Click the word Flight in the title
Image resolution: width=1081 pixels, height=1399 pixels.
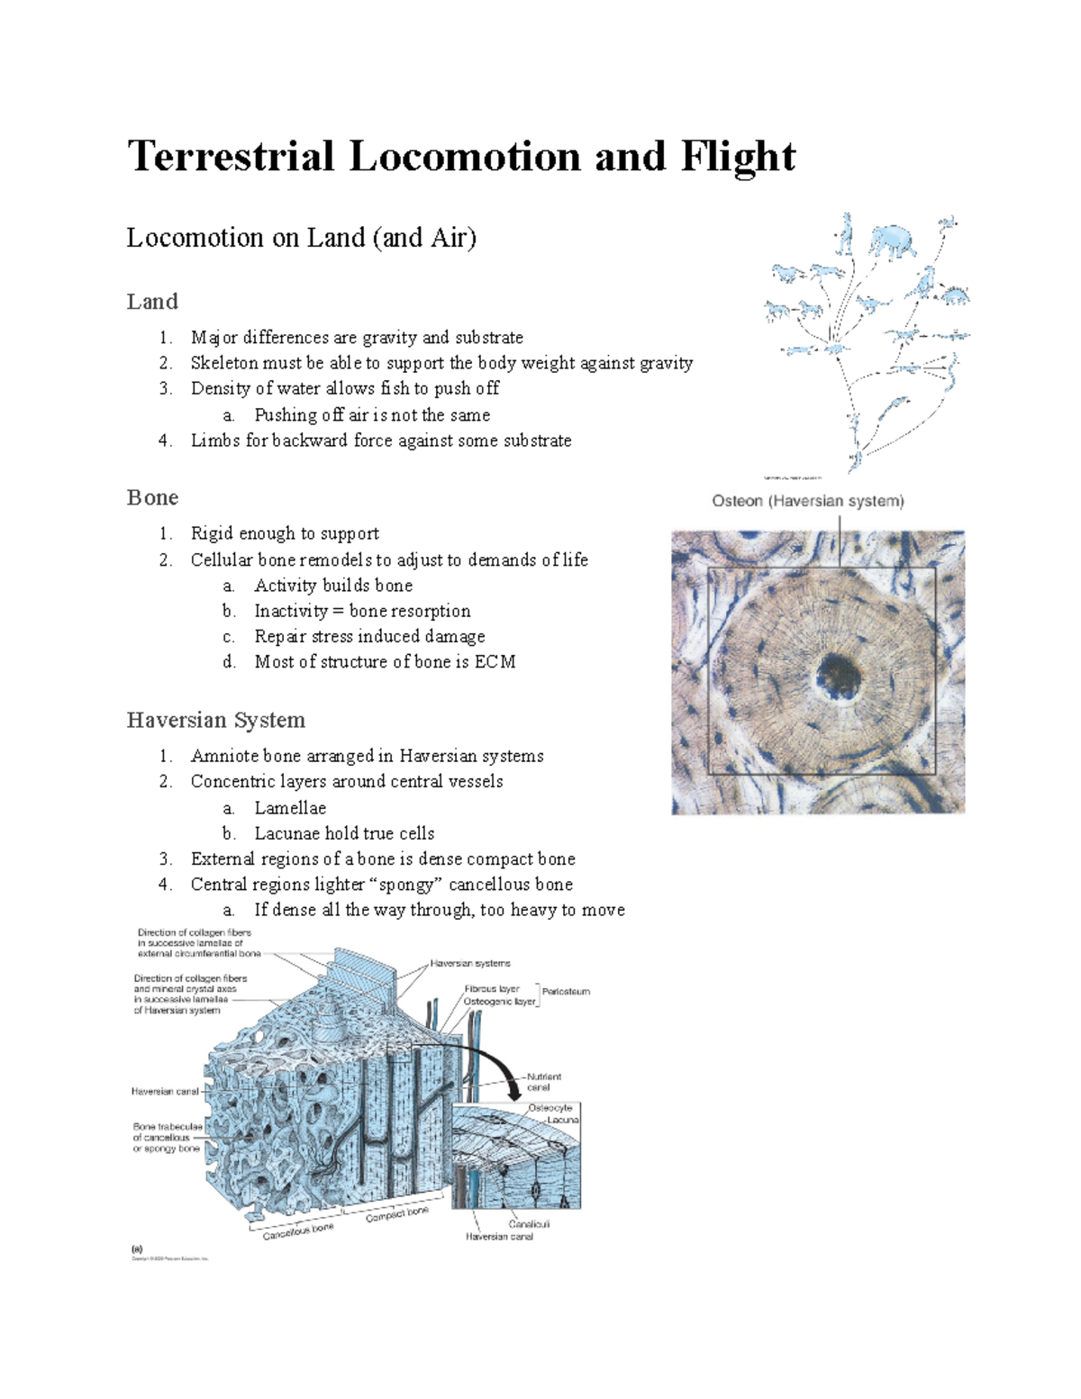tap(738, 157)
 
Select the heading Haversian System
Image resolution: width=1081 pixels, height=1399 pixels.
tap(215, 720)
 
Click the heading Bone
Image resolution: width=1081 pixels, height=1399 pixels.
tap(152, 498)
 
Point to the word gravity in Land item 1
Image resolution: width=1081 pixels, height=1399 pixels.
tap(389, 338)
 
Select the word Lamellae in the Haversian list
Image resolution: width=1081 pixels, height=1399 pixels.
tap(290, 808)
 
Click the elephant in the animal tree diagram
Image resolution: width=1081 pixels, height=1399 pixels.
tap(893, 241)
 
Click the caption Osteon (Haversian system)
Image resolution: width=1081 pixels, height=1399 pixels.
tap(807, 501)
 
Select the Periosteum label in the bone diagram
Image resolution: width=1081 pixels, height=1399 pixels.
tap(566, 992)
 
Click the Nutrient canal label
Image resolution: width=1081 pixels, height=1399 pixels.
tap(543, 1082)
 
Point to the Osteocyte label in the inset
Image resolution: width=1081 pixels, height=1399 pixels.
tap(550, 1108)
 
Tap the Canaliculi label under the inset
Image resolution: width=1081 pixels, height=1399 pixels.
tap(529, 1224)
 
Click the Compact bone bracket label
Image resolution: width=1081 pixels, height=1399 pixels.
tap(397, 1214)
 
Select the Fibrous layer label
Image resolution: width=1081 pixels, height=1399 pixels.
tap(492, 988)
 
